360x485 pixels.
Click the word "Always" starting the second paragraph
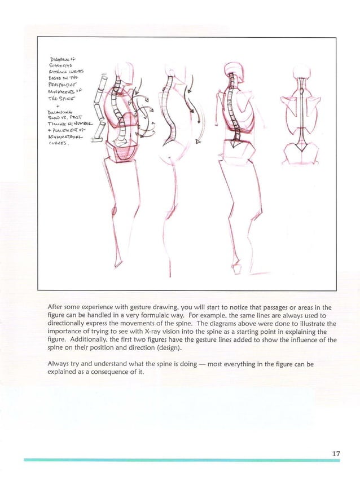[60, 364]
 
